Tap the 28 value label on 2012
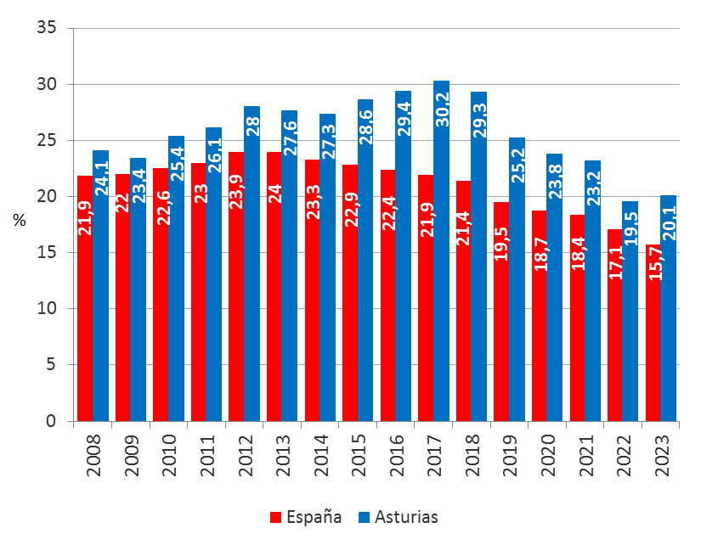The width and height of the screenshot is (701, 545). [253, 124]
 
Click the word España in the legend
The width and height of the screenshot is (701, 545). [314, 517]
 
